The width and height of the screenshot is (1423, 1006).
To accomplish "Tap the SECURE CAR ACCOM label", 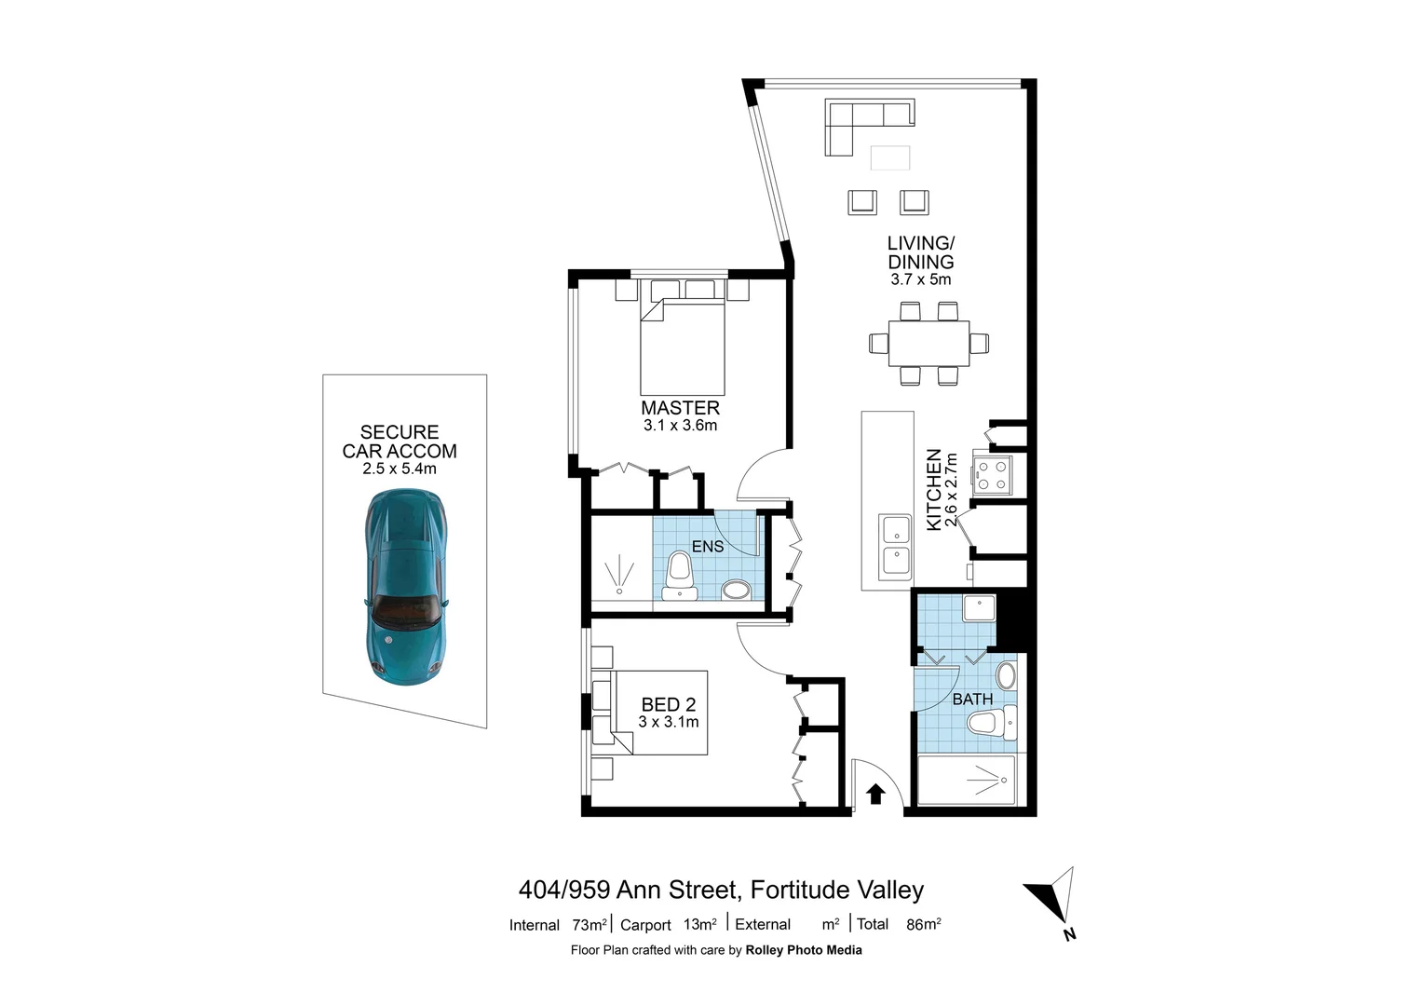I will [x=400, y=442].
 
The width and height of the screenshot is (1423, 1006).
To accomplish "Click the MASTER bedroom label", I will [x=680, y=408].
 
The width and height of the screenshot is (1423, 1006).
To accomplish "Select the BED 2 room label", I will [x=668, y=705].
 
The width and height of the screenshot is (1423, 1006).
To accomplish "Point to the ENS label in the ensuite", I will [x=708, y=547].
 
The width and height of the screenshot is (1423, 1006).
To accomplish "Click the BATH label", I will [x=972, y=699].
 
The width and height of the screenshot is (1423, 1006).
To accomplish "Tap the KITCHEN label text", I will [x=934, y=490].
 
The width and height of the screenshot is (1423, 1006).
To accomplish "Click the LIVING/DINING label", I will [x=920, y=252].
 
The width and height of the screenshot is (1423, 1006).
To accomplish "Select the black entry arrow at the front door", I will [x=875, y=794].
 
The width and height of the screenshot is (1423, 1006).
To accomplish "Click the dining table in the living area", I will [x=928, y=344].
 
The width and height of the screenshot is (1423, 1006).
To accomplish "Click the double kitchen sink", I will [x=896, y=545].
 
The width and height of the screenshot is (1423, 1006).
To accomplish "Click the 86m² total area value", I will [x=923, y=925].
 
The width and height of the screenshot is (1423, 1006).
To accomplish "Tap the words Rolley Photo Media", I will [x=804, y=950].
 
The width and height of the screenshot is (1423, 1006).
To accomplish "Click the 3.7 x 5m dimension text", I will [x=920, y=279].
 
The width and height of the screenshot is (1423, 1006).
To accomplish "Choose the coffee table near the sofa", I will [x=889, y=158].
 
